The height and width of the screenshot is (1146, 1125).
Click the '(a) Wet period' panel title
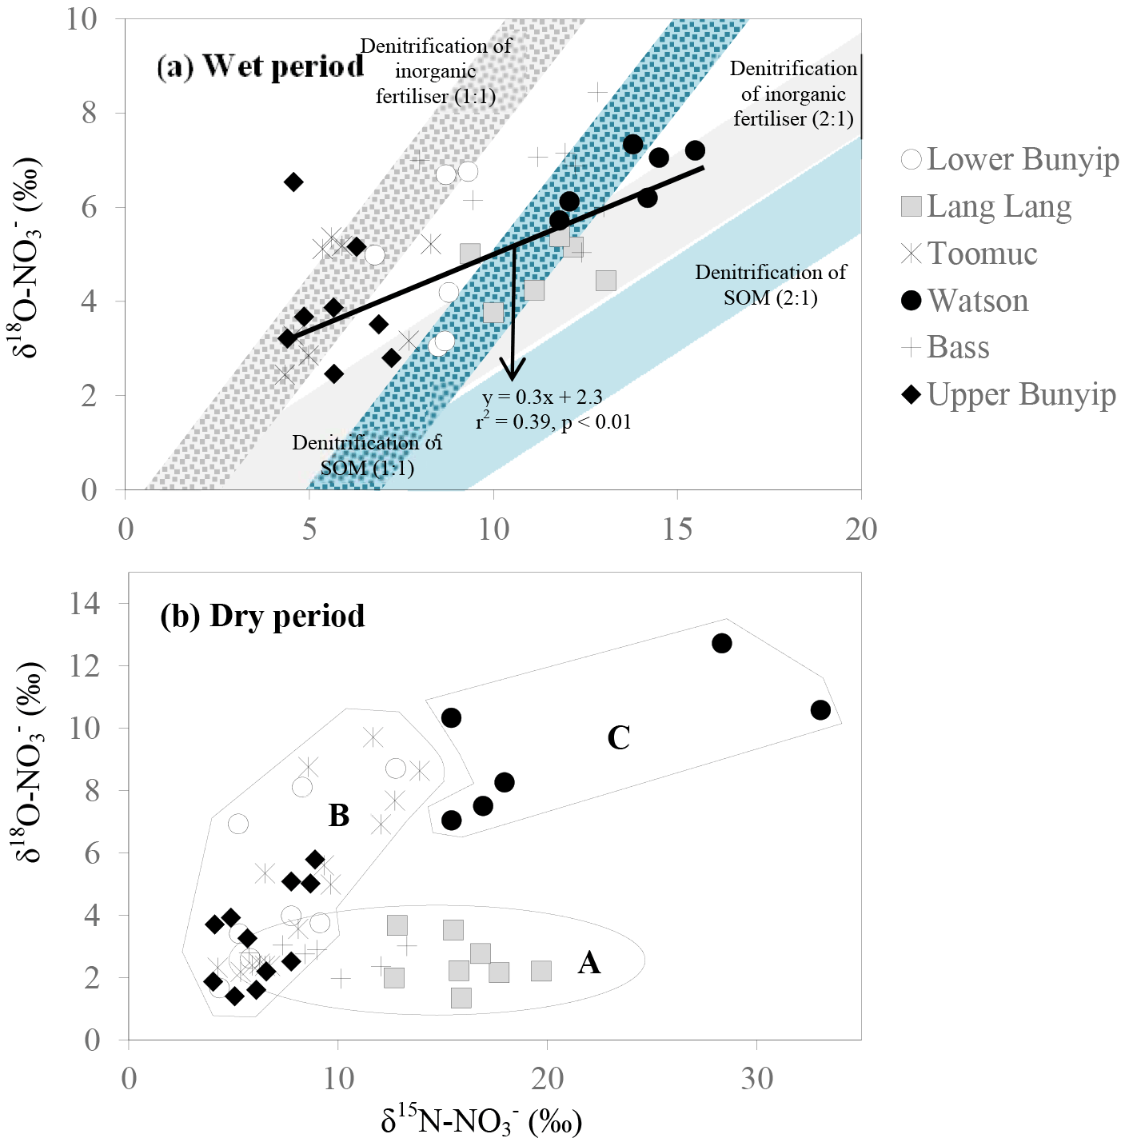click(261, 66)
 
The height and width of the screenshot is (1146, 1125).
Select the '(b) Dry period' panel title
click(262, 616)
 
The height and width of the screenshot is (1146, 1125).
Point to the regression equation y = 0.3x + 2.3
click(542, 397)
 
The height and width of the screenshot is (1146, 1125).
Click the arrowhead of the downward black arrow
click(513, 371)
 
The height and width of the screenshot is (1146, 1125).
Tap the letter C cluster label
click(618, 737)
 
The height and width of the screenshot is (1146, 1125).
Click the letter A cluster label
click(589, 964)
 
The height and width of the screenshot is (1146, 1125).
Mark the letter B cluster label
click(339, 816)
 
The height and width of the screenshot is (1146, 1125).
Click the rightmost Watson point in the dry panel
click(820, 710)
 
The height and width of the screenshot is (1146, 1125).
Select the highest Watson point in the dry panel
click(722, 643)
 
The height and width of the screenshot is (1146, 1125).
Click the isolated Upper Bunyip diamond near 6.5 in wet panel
click(293, 182)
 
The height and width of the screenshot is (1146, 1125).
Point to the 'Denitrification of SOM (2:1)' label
click(770, 285)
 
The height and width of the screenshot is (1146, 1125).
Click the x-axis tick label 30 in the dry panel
click(756, 1079)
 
